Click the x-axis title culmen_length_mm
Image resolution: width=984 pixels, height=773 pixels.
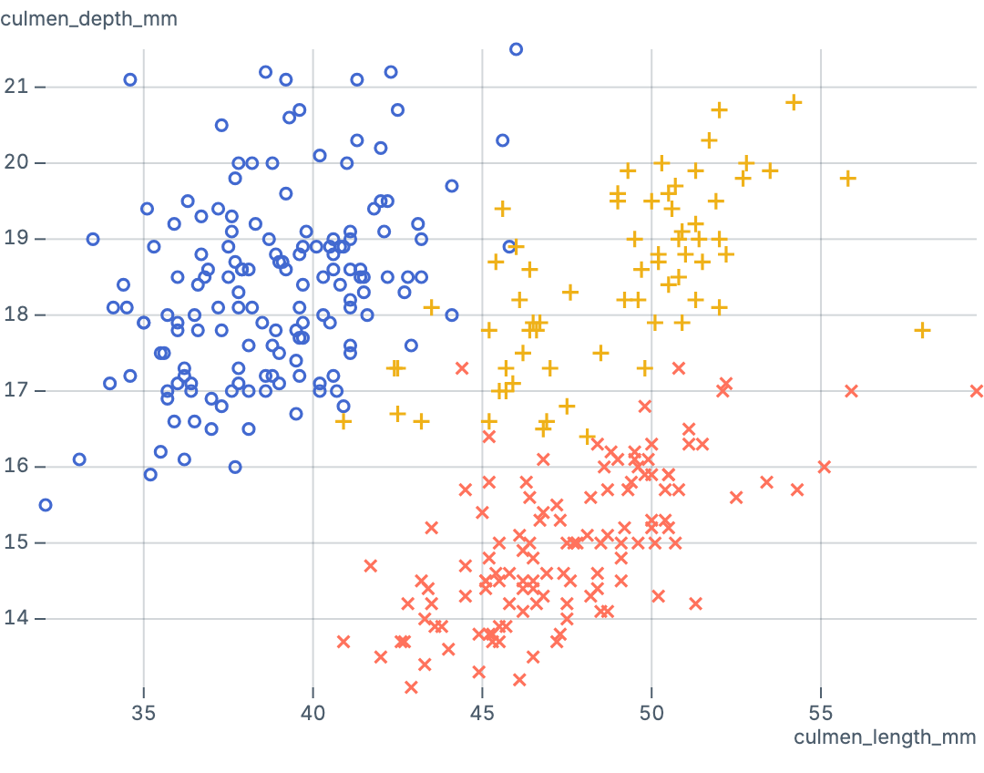885,737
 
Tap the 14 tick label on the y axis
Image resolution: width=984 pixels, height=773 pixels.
17,618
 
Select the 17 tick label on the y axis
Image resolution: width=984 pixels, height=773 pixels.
17,390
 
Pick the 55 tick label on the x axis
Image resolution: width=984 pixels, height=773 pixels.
821,711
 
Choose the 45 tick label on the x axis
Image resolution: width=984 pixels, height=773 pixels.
483,711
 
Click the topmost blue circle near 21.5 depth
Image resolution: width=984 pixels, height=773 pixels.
516,49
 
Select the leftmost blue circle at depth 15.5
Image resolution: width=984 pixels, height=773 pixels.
46,504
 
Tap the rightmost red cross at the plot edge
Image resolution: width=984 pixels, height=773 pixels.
977,391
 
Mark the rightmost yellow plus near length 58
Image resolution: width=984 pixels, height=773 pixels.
922,330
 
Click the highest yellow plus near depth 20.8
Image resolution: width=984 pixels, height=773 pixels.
794,102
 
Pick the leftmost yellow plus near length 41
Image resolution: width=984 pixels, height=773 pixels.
343,421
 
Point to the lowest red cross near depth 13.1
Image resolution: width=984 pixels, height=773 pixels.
411,686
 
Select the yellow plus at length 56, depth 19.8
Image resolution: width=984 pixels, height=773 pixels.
848,178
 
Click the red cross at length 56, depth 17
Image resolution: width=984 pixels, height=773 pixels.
852,391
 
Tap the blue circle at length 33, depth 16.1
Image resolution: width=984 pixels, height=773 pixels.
79,459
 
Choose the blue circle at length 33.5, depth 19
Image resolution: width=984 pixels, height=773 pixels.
93,239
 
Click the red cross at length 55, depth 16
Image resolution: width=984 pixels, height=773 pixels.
825,467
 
